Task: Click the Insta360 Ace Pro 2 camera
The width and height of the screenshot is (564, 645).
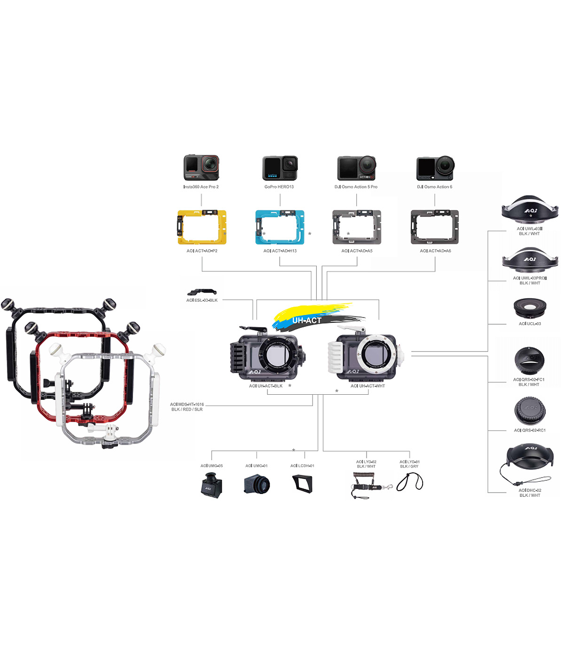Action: [x=201, y=167]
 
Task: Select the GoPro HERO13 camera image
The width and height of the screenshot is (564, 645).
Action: [x=280, y=168]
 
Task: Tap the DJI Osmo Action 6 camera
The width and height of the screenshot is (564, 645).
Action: [x=435, y=168]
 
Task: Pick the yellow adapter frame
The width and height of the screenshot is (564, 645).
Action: [x=202, y=227]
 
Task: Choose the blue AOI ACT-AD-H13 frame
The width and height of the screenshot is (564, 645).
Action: [x=280, y=227]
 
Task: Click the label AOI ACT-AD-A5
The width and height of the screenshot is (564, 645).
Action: [x=357, y=251]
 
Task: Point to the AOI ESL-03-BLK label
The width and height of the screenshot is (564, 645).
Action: [x=202, y=300]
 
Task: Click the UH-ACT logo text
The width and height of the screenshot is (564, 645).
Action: [x=307, y=320]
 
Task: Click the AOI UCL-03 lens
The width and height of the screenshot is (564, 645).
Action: [x=530, y=309]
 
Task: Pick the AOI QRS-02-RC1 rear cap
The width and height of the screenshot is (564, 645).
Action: [x=530, y=411]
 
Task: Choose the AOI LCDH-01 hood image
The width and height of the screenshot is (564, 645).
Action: [x=302, y=484]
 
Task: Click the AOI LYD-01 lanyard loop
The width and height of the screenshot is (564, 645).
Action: [x=410, y=482]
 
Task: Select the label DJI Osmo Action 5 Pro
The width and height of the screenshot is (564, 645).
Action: [x=356, y=187]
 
